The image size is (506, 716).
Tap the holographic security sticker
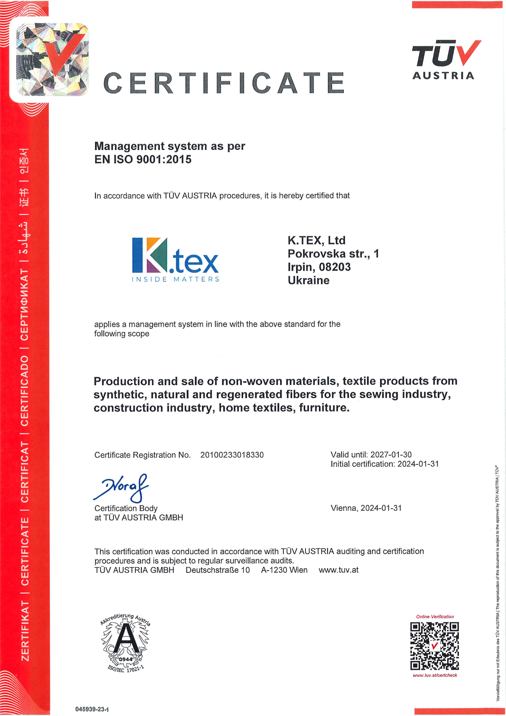[x=52, y=59]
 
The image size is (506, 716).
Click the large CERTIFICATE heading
[x=224, y=83]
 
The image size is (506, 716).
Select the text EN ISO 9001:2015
[x=143, y=159]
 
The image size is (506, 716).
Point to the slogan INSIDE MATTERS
[x=175, y=279]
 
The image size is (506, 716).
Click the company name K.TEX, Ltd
[x=316, y=240]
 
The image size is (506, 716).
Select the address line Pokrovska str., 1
[x=333, y=254]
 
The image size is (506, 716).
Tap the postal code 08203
[x=335, y=267]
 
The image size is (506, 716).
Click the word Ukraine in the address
[x=308, y=280]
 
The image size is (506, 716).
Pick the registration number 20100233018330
[x=232, y=455]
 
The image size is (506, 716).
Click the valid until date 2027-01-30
[x=391, y=455]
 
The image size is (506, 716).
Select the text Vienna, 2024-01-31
[x=366, y=508]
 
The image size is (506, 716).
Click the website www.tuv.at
[x=339, y=570]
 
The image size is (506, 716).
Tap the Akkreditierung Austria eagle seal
[x=125, y=643]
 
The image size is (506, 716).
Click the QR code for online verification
[x=434, y=646]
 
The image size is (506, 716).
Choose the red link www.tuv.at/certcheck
[x=435, y=675]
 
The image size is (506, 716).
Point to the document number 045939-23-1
[x=92, y=709]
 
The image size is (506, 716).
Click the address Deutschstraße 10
[x=218, y=570]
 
